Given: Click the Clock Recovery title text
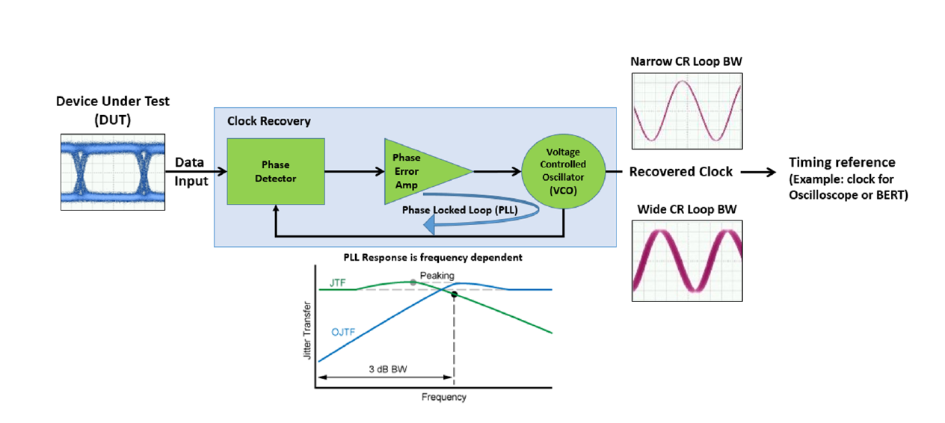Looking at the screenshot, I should click(x=268, y=121).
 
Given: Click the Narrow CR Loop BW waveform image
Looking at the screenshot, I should click(x=686, y=111).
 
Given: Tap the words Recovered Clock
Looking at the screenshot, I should click(x=680, y=172).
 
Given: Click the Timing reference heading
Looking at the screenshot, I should click(x=842, y=162).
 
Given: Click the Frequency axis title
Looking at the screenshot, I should click(x=444, y=397).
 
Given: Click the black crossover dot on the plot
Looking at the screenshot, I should click(x=454, y=294).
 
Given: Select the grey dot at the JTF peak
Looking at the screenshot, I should click(x=413, y=282).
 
